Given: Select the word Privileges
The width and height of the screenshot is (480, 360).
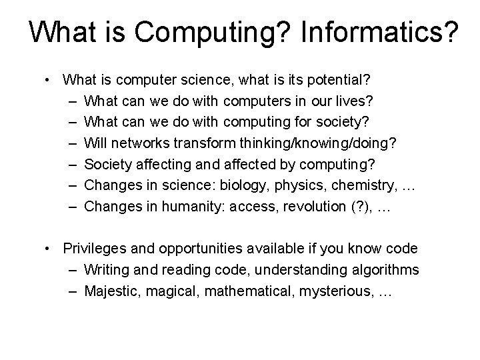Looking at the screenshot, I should click(x=94, y=249).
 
